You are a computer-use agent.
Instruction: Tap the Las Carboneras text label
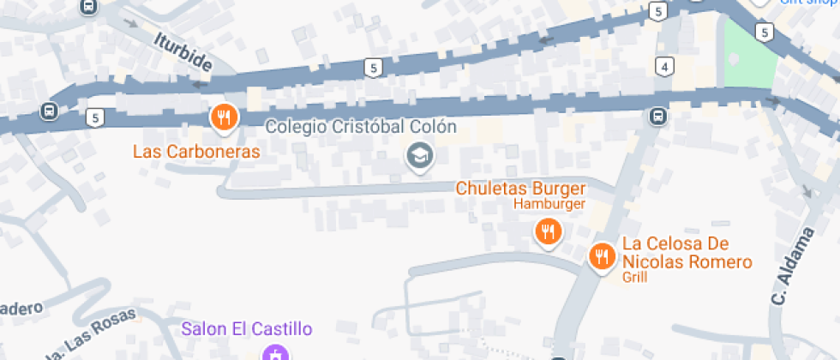pos(195,152)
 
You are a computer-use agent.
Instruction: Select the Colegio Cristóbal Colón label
pos(360,127)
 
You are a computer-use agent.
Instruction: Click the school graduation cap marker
pos(419,156)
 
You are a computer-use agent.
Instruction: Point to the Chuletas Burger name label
pos(520,188)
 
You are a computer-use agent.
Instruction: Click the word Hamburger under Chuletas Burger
pos(549,204)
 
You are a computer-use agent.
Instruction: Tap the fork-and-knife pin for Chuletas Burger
pos(548,231)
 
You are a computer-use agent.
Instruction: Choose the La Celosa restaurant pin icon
pos(602,255)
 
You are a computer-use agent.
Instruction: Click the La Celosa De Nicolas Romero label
pos(687,253)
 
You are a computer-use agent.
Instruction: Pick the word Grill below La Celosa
pos(635,278)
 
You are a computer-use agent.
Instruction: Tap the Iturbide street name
pos(183,51)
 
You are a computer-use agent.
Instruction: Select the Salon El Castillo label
pos(247,328)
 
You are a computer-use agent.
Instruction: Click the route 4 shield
pos(663,66)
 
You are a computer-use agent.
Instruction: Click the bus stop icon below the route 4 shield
pos(657,116)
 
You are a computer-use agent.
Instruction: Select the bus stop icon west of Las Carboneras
pos(49,111)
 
